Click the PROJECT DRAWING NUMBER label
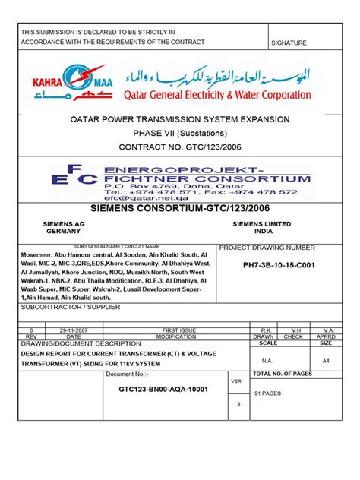click(267, 248)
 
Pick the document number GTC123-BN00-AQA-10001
click(163, 390)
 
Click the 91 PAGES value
click(268, 393)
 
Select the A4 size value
click(326, 361)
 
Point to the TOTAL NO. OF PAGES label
click(282, 374)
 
